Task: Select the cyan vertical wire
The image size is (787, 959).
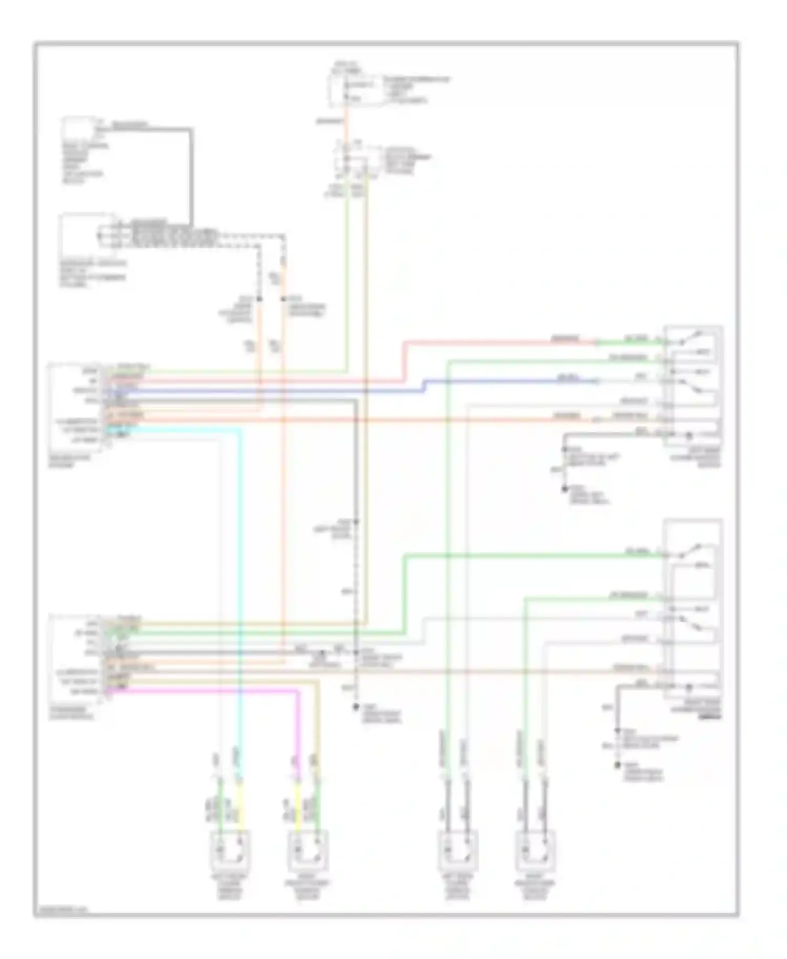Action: tap(240, 577)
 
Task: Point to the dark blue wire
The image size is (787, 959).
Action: tap(262, 391)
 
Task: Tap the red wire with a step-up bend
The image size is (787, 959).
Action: tap(404, 362)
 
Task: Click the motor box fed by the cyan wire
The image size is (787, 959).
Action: tap(230, 850)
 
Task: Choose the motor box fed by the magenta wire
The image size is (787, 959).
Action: tap(308, 850)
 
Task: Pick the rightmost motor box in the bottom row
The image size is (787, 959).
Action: tap(535, 850)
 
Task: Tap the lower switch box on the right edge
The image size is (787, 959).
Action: tap(693, 609)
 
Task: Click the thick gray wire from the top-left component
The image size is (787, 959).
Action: tap(191, 173)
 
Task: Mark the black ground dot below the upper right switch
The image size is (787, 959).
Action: tap(565, 489)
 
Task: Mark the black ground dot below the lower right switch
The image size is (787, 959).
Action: tap(618, 765)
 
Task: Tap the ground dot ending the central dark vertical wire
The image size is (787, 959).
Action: tap(356, 707)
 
